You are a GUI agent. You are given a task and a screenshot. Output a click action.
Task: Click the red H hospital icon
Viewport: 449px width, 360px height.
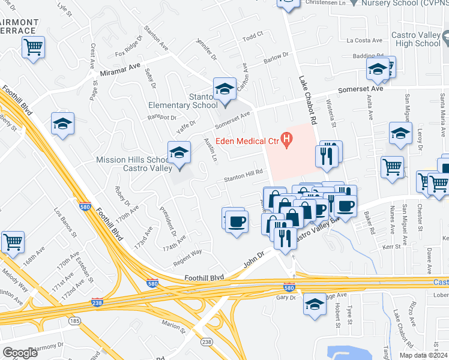click(287, 141)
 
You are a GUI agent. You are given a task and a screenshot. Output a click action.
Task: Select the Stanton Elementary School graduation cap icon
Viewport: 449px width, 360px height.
click(225, 89)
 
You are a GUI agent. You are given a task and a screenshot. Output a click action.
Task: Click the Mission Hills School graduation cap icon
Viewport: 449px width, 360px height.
click(179, 154)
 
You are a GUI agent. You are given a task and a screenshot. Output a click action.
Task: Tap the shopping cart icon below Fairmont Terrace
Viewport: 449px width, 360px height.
click(34, 47)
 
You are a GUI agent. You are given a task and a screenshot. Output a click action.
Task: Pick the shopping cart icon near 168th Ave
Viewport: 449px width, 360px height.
click(13, 242)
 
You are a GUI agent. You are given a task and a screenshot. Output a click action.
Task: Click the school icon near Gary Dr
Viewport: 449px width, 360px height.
click(315, 304)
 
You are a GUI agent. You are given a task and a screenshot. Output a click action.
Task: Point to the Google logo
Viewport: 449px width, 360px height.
click(20, 353)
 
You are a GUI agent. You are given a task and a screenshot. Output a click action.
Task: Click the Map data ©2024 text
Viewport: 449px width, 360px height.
click(423, 355)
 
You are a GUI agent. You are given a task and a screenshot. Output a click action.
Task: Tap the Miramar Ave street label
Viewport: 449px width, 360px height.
click(120, 72)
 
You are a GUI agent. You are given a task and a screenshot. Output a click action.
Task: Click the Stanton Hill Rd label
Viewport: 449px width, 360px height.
click(244, 174)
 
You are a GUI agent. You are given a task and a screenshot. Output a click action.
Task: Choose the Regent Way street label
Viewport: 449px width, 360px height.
click(188, 255)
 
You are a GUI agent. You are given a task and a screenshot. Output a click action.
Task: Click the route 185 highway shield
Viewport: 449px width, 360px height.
click(74, 321)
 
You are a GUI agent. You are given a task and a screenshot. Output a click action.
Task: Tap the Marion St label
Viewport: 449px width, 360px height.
click(173, 327)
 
